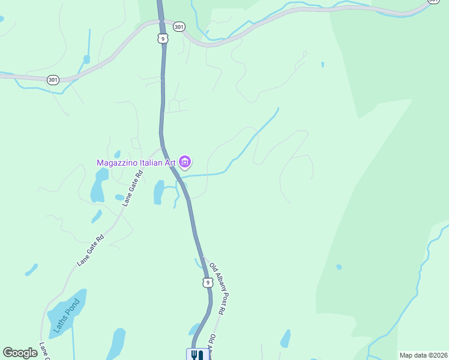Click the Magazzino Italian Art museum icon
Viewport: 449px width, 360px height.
(185, 162)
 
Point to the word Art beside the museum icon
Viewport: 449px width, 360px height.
(171, 163)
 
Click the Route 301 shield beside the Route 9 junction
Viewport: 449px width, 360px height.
(179, 26)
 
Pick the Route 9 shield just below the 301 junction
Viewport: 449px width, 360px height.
(163, 38)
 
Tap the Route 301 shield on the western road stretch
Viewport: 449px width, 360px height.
(53, 79)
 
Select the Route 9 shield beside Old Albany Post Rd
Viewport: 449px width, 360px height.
(207, 282)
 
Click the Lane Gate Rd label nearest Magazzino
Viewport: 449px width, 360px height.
(133, 188)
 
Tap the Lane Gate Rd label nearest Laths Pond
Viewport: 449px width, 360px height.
(91, 250)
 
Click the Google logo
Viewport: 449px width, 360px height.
(20, 353)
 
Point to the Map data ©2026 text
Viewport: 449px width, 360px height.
(423, 355)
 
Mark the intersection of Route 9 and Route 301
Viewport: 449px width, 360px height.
(161, 22)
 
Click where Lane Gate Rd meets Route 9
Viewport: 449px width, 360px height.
(161, 148)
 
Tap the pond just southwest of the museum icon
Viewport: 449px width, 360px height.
(159, 193)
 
